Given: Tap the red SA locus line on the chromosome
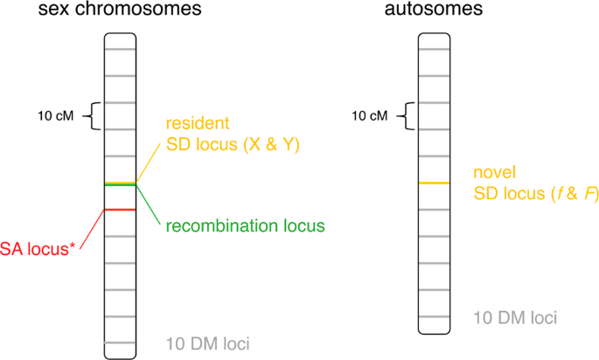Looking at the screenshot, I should [119, 210].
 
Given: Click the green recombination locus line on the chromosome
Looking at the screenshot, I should [119, 185].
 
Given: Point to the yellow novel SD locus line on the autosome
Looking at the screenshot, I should [435, 183].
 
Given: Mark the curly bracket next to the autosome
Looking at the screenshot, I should [403, 115].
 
